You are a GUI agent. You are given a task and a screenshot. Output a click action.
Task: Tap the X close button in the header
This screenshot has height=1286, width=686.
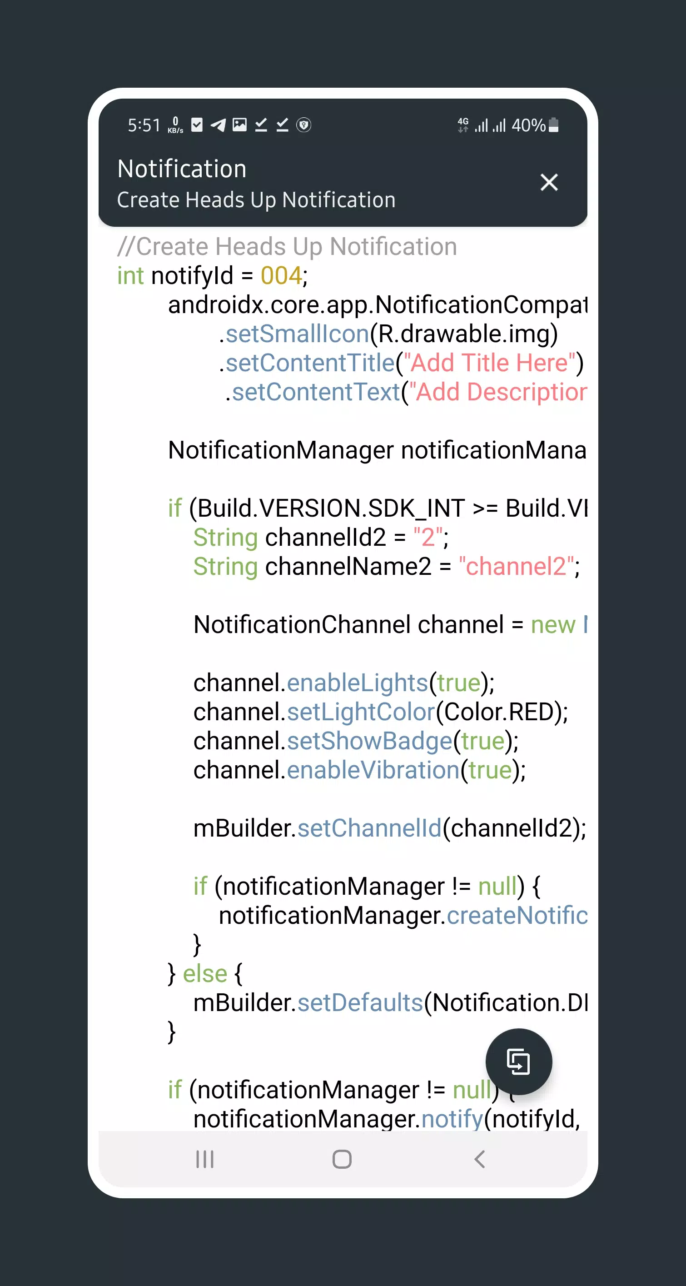(x=549, y=182)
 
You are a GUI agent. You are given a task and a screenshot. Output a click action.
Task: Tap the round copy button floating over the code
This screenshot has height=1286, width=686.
(x=519, y=1062)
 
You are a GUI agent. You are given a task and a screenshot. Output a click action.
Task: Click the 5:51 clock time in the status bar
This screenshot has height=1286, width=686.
(x=144, y=125)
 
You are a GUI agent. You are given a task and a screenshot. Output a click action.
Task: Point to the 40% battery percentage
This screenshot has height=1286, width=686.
(x=528, y=125)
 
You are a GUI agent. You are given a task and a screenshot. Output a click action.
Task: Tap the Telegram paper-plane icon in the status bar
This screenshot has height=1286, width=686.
(x=218, y=125)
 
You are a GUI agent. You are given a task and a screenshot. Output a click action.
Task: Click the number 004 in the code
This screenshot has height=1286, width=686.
(x=281, y=275)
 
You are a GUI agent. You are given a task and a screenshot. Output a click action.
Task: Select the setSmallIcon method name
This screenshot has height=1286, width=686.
(x=298, y=334)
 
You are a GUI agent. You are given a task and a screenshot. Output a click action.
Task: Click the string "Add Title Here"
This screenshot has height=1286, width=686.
(x=489, y=363)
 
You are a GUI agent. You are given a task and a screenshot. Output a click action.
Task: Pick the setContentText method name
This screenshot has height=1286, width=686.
(x=316, y=392)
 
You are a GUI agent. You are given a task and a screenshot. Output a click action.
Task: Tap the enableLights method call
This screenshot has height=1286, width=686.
(x=358, y=683)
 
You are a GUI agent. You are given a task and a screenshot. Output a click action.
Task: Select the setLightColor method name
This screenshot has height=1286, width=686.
(x=361, y=712)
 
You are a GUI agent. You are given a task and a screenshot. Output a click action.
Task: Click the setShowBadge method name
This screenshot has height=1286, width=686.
(x=369, y=741)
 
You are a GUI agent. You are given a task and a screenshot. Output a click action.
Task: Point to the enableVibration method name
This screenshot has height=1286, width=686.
(x=373, y=770)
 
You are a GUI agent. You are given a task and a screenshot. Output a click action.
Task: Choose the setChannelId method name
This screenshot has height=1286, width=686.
(x=369, y=828)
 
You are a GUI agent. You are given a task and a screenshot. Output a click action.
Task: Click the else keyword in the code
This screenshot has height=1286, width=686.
(x=205, y=973)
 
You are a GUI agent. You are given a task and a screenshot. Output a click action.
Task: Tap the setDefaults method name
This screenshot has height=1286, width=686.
(x=360, y=1002)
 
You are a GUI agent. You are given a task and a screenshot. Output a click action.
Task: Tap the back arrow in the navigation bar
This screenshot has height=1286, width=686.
(x=480, y=1159)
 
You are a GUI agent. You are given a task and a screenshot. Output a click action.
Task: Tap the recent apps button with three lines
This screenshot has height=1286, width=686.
(x=205, y=1159)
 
